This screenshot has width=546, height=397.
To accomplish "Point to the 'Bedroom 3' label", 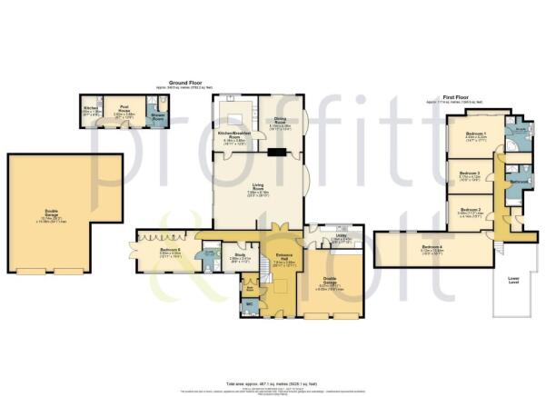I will click(x=469, y=173).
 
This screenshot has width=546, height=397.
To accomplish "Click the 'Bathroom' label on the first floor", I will click(x=519, y=184).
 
